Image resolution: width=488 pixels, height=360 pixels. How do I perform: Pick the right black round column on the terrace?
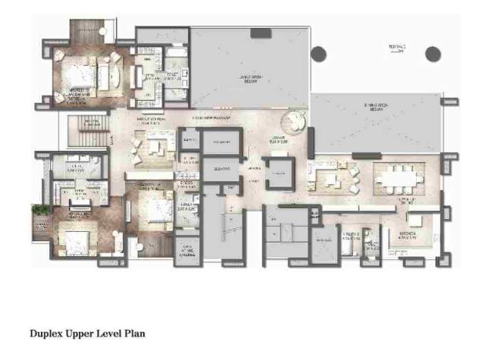pyautogui.click(x=432, y=54)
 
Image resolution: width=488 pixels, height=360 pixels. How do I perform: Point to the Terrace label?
pyautogui.click(x=397, y=47)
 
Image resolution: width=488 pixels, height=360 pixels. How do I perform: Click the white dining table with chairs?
pyautogui.click(x=396, y=179)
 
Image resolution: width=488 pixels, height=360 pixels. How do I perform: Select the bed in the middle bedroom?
pyautogui.click(x=155, y=206)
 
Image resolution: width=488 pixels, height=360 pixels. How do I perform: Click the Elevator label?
pyautogui.click(x=222, y=167)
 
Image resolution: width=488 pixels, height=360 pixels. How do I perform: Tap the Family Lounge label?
pyautogui.click(x=151, y=120)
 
